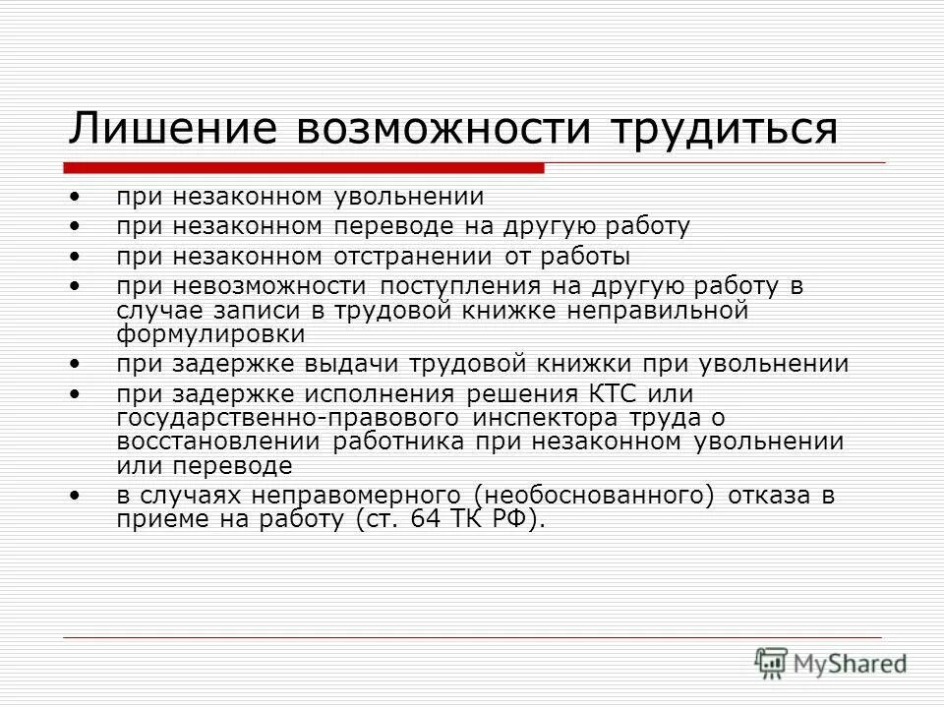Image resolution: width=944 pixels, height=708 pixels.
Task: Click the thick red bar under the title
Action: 305,168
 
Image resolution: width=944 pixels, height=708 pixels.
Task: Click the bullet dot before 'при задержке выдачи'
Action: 77,364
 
